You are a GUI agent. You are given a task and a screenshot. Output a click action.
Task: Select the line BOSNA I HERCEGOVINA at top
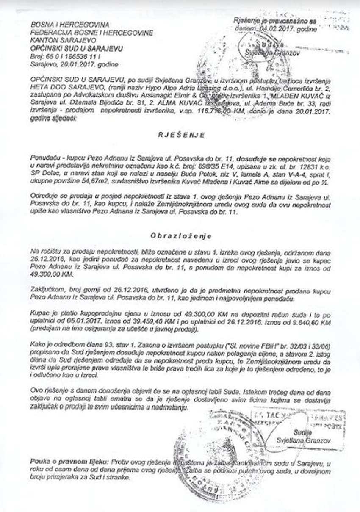(x=70, y=25)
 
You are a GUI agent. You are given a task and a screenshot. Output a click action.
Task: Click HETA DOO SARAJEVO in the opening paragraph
(x=60, y=88)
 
